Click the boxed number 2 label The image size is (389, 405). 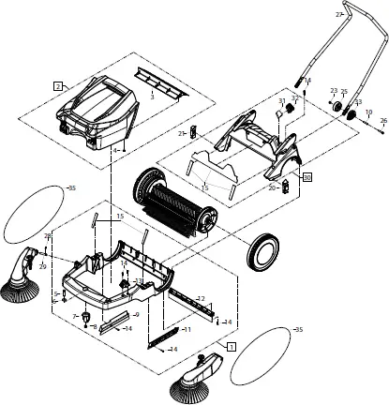tap(58, 85)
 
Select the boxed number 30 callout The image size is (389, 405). tap(307, 175)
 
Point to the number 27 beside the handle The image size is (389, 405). tap(339, 15)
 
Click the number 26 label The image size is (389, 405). tap(382, 121)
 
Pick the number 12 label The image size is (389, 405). tap(200, 298)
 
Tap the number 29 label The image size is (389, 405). tap(41, 267)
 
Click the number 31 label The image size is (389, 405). tap(281, 100)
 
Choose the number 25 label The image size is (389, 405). tap(344, 92)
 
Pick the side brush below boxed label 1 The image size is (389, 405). tap(200, 379)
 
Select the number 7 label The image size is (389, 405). tap(75, 317)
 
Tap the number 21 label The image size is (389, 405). tap(181, 134)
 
